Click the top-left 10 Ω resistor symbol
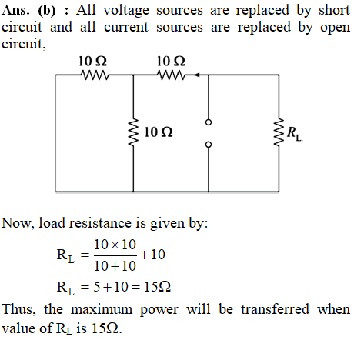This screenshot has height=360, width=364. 94,75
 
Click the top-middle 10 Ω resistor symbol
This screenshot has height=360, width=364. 171,75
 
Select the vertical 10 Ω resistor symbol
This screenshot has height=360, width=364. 133,133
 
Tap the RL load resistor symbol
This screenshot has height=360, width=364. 279,132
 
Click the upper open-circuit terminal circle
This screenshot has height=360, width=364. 209,122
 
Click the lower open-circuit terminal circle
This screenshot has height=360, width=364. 209,145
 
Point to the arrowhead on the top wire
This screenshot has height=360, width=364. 197,75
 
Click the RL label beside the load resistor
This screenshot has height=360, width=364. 294,133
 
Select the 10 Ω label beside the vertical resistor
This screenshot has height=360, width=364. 159,132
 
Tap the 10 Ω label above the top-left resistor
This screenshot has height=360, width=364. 92,62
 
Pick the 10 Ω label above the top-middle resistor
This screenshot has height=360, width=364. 171,62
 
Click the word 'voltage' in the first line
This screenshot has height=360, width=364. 126,12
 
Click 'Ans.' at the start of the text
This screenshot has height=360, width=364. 15,10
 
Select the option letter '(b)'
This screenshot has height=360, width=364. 47,11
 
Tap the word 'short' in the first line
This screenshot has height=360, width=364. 334,10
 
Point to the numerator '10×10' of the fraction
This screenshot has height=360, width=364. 115,245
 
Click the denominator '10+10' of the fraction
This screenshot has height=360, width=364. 115,266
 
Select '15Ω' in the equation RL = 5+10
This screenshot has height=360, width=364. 157,287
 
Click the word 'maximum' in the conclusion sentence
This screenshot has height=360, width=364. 102,309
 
